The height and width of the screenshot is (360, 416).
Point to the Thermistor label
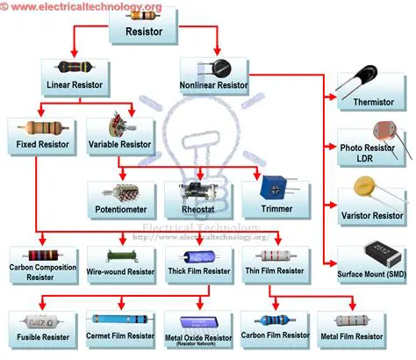(x=373, y=101)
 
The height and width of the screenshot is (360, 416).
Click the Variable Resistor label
(x=121, y=143)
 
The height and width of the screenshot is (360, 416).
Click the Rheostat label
(x=197, y=211)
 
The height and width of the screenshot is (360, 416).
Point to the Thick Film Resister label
(x=198, y=272)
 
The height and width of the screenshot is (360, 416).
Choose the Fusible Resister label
(x=43, y=336)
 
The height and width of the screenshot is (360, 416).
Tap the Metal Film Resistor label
(x=352, y=336)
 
